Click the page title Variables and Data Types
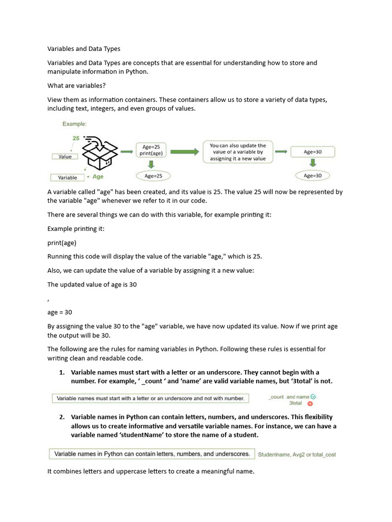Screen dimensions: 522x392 tap(84, 49)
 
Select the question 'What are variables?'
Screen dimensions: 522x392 tap(76, 86)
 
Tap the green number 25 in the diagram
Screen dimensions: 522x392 tap(76, 138)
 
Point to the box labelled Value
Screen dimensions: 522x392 tap(65, 156)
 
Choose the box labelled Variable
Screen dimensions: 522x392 tap(67, 177)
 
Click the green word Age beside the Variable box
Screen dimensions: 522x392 tap(98, 177)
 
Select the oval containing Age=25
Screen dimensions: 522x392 tap(153, 176)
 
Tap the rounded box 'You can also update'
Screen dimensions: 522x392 tap(238, 152)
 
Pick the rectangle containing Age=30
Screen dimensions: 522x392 tap(312, 152)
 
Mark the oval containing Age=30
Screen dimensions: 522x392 tap(312, 176)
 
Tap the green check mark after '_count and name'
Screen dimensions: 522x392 tap(313, 396)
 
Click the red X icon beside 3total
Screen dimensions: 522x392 tap(310, 403)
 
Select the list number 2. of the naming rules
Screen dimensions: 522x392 tap(62, 417)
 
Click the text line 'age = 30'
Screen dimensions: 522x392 tap(60, 312)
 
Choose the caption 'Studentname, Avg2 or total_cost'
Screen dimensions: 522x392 tap(297, 454)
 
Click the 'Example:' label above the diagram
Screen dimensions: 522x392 tap(75, 124)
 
